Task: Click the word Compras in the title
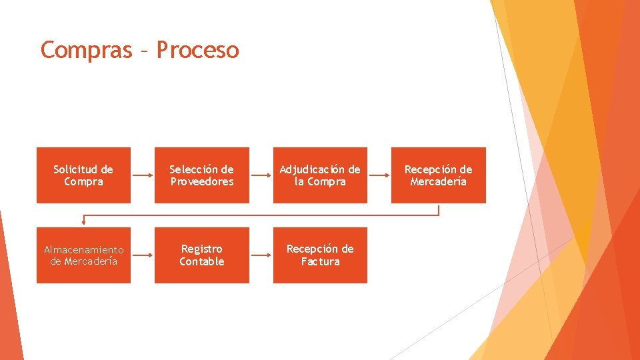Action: [x=86, y=50]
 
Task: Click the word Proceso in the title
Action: [x=197, y=50]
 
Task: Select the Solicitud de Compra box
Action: [x=83, y=175]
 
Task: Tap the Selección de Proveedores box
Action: [x=201, y=175]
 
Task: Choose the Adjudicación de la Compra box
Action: [x=320, y=175]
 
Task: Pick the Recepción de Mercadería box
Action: [x=438, y=175]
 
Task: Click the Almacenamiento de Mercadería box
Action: [x=83, y=255]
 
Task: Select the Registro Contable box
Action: [x=201, y=255]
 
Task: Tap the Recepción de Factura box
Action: [x=320, y=255]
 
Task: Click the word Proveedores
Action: [x=201, y=182]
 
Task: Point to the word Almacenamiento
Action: [x=83, y=249]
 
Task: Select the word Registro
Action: [x=201, y=249]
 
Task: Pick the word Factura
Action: [x=320, y=261]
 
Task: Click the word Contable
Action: [x=201, y=261]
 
